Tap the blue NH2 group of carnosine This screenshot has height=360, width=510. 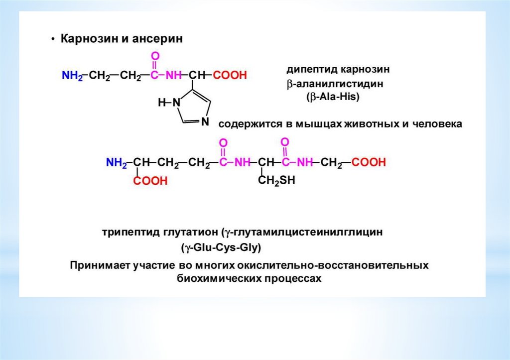pos(71,76)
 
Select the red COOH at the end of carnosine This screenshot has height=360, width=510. pos(230,76)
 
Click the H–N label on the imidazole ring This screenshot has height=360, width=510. pos(167,103)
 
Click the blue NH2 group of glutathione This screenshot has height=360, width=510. pos(116,162)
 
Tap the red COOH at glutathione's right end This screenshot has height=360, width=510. pos(369,162)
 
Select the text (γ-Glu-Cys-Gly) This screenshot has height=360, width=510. pos(221,247)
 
